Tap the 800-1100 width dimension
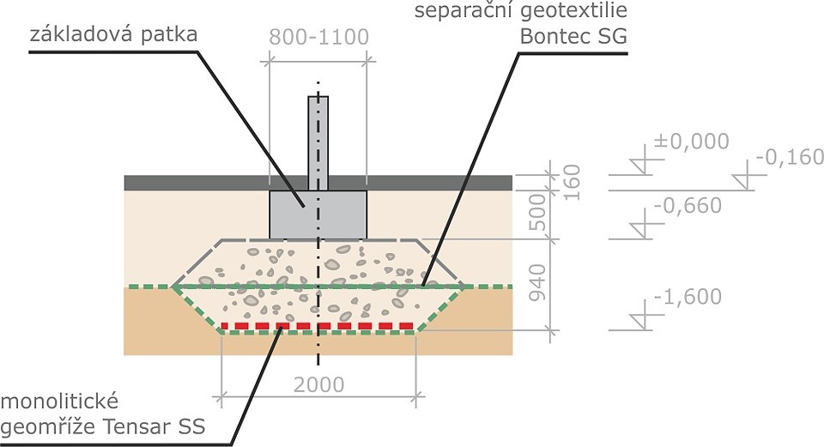(x=318, y=37)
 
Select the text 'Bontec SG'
(x=573, y=37)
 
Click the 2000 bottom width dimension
(x=318, y=384)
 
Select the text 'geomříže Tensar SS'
(x=103, y=427)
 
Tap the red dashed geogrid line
(x=318, y=326)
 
